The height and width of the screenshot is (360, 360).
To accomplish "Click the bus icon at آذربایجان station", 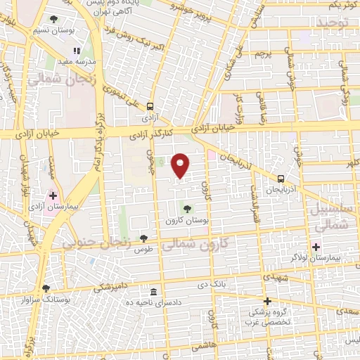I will (281, 179).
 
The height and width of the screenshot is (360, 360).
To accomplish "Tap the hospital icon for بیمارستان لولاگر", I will (316, 247).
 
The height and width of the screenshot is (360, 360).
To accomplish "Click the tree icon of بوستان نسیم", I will (54, 20).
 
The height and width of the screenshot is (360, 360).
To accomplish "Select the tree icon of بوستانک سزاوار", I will (46, 288).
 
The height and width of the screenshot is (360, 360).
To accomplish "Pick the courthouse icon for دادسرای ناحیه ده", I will (153, 291).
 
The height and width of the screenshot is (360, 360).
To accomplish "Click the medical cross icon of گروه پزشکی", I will (267, 300).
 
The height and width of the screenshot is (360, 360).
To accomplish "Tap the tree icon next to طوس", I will (144, 238).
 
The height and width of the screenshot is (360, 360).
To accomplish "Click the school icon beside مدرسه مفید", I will (77, 51).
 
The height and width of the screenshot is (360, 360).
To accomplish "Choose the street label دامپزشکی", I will (112, 287).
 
